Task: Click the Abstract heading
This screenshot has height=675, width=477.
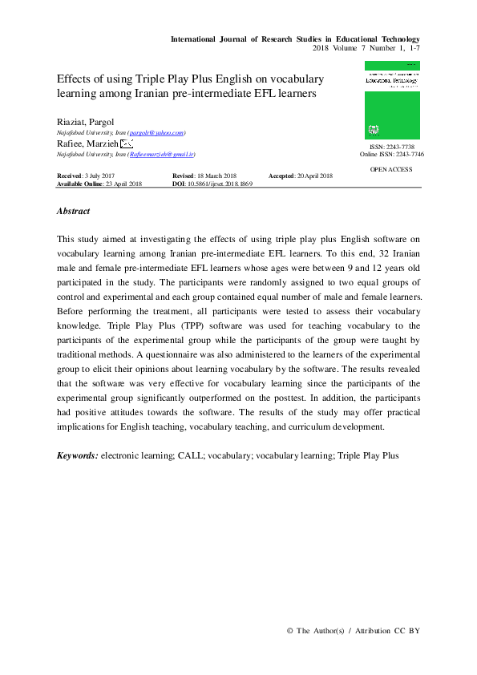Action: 73,212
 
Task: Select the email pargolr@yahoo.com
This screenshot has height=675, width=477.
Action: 157,131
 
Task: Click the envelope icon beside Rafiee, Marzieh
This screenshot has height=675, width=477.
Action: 126,143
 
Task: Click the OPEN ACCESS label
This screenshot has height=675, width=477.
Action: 391,170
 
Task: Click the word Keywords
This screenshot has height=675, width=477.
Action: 78,455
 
